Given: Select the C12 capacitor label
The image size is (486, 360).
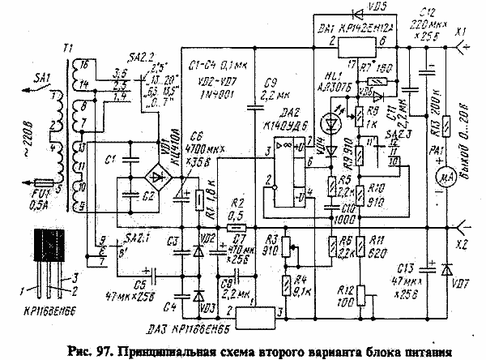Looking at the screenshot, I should coord(427,9).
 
